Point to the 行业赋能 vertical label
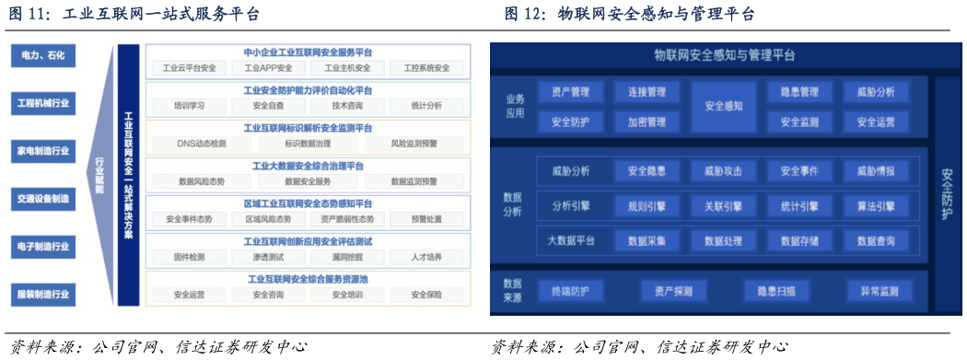click(99, 175)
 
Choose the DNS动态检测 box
click(202, 144)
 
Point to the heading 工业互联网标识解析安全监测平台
click(308, 128)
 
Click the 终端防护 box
click(577, 291)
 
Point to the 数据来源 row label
click(513, 291)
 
